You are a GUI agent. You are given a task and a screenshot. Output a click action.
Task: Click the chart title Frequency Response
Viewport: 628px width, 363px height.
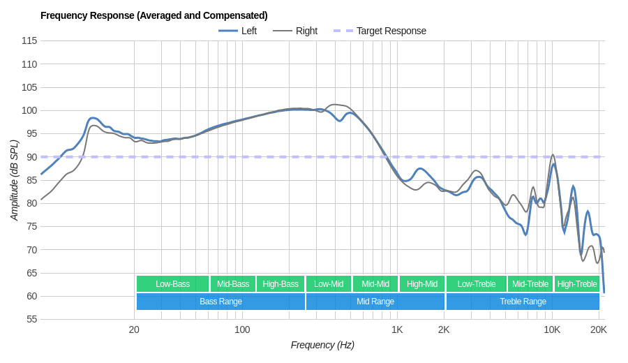click(154, 15)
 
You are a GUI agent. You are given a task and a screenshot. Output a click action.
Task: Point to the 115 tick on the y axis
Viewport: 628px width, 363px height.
click(29, 40)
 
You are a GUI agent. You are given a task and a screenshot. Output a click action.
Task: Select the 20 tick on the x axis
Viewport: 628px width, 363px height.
click(134, 329)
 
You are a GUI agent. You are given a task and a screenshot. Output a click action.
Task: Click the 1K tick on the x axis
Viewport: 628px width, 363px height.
click(397, 329)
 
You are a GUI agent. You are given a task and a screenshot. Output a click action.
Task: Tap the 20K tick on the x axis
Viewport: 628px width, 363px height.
click(598, 329)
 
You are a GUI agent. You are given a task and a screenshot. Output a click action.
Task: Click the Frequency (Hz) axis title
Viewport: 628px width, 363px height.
click(322, 345)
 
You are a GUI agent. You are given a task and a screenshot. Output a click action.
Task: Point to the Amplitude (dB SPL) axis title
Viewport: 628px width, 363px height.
click(14, 180)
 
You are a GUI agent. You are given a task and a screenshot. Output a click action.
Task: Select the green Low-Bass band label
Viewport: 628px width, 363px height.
click(172, 284)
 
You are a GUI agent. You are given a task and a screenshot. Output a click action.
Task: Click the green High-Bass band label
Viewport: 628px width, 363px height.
click(281, 284)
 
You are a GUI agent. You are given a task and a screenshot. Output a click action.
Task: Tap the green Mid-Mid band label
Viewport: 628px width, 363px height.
click(375, 284)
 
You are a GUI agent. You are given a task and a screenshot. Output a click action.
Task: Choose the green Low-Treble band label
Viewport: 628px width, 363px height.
click(477, 284)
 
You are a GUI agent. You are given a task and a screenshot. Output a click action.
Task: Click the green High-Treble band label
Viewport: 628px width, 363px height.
click(577, 284)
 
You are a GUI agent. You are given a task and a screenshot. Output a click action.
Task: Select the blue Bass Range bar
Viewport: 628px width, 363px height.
click(220, 302)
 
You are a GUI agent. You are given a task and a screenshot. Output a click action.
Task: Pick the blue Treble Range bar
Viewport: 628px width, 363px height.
click(523, 302)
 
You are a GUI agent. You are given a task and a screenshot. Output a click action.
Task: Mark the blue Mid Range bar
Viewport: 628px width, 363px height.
click(375, 302)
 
